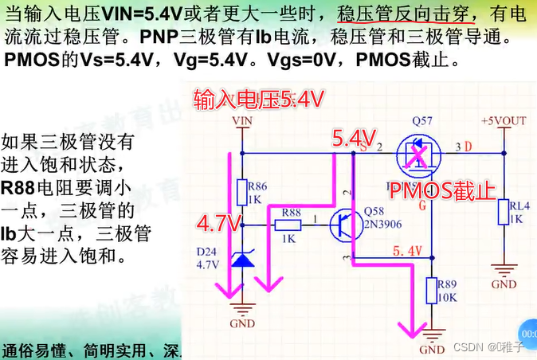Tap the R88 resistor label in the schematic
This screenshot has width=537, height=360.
tap(291, 212)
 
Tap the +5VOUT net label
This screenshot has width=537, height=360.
tap(504, 121)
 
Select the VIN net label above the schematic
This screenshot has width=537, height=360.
tap(242, 121)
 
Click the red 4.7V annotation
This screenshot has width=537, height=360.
tap(218, 221)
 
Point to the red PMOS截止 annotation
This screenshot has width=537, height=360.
tap(445, 191)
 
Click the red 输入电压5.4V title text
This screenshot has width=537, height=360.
tap(259, 100)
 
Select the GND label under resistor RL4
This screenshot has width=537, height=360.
tap(504, 284)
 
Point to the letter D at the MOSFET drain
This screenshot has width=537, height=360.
tap(468, 147)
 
